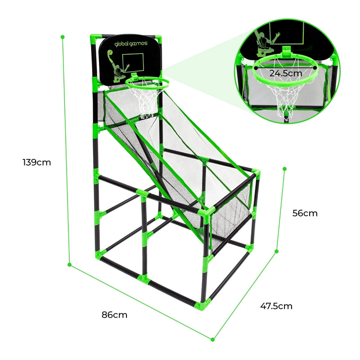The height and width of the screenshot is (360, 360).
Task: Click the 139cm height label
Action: [x=37, y=162]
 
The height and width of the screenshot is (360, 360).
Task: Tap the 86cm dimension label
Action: [x=114, y=315]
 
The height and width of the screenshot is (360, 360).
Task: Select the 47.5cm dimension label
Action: [x=276, y=306]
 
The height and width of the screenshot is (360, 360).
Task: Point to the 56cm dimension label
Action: [x=305, y=213]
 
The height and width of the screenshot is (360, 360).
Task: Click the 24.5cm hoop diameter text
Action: [x=286, y=73]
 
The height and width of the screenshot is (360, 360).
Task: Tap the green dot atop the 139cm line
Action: [x=63, y=37]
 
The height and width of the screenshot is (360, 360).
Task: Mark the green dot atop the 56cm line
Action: [x=285, y=169]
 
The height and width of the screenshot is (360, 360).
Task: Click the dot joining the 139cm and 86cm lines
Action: [x=69, y=265]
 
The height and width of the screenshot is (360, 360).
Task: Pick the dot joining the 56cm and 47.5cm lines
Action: [x=277, y=252]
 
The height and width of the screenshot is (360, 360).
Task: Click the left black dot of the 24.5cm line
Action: [x=256, y=68]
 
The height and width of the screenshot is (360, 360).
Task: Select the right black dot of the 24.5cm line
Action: [x=315, y=68]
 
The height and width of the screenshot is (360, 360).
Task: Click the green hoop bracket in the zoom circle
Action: [x=286, y=51]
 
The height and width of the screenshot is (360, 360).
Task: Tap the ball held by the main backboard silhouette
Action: [x=110, y=53]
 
